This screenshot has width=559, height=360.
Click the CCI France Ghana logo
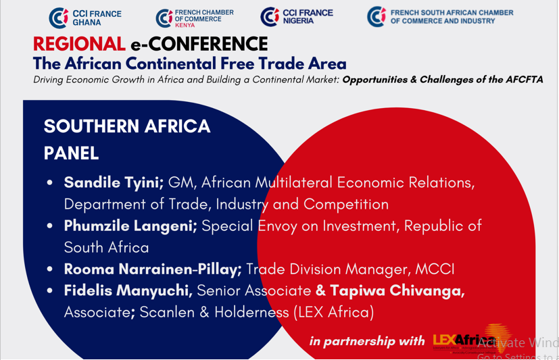tap(75, 18)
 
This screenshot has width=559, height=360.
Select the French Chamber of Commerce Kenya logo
tap(194, 18)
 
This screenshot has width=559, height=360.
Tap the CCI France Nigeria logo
tap(288, 17)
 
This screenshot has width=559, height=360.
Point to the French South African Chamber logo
tap(439, 17)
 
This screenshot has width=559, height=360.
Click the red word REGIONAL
tap(78, 45)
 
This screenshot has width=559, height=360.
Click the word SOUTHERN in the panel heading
tap(94, 126)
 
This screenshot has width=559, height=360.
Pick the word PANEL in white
tap(71, 153)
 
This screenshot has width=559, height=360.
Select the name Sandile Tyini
tap(114, 182)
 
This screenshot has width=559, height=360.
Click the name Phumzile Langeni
tap(130, 226)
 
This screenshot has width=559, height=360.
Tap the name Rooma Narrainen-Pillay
tap(152, 269)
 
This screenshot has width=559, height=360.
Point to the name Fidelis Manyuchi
tap(128, 290)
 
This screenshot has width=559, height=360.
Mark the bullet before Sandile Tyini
tap(50, 183)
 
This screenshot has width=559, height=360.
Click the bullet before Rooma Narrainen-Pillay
tap(50, 269)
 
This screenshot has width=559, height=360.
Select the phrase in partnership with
tap(367, 341)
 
